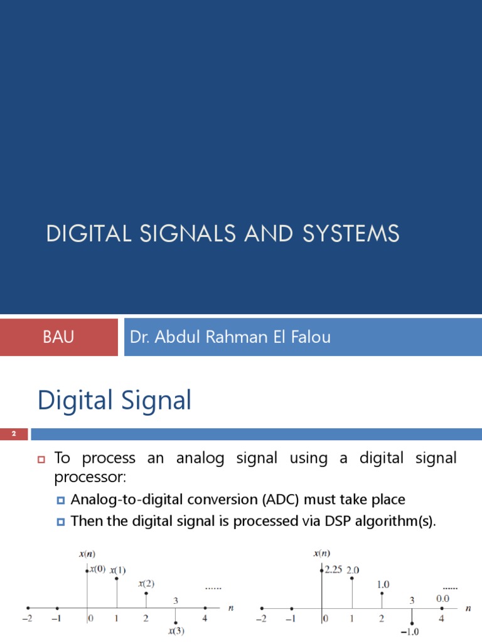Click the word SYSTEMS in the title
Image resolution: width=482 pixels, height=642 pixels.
coord(351,233)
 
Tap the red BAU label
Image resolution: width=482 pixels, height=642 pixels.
coord(58,337)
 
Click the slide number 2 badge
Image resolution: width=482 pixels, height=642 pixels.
coord(14,434)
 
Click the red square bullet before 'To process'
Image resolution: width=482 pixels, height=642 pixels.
coord(41,460)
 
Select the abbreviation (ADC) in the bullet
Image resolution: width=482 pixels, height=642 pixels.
coord(281,500)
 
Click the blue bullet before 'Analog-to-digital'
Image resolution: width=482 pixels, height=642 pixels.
coord(61,500)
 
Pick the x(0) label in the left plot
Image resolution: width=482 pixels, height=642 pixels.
coord(97,569)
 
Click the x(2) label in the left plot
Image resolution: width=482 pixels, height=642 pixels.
coord(146,584)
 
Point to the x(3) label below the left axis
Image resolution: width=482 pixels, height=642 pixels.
coord(176,631)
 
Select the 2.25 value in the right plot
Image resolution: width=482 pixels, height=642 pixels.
coord(333,569)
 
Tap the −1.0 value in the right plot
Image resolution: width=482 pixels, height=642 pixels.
coord(409,632)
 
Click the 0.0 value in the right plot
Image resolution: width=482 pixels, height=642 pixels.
coord(442,599)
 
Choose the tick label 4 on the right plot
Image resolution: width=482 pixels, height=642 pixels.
coord(441,618)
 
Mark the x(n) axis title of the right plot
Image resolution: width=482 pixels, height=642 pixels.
coord(322,554)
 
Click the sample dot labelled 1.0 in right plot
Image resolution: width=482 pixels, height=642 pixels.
coord(382,593)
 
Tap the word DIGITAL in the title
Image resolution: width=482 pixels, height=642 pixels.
coord(89,233)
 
